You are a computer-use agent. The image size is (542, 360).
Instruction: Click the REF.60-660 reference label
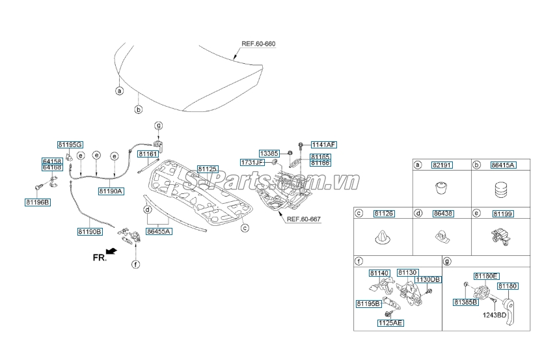pyautogui.click(x=258, y=44)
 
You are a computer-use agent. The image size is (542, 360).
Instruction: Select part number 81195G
pyautogui.click(x=70, y=144)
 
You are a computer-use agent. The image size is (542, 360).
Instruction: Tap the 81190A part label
pyautogui.click(x=111, y=191)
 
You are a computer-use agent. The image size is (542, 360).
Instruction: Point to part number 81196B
pyautogui.click(x=37, y=202)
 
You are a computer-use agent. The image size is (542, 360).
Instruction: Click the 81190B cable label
pyautogui.click(x=90, y=231)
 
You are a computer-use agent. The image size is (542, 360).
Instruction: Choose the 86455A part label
pyautogui.click(x=159, y=231)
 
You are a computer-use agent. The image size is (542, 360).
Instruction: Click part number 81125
pyautogui.click(x=206, y=168)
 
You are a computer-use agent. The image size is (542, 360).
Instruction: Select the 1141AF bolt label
pyautogui.click(x=323, y=144)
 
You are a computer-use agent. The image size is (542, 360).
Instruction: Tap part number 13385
pyautogui.click(x=269, y=152)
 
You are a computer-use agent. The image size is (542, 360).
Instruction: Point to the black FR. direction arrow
pyautogui.click(x=112, y=250)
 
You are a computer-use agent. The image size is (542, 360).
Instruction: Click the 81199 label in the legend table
pyautogui.click(x=502, y=214)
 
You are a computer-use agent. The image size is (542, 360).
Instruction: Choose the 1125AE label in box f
pyautogui.click(x=390, y=322)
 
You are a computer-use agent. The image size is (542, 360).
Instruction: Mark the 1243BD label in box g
pyautogui.click(x=495, y=316)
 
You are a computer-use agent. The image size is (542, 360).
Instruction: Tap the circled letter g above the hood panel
pyautogui.click(x=157, y=125)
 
